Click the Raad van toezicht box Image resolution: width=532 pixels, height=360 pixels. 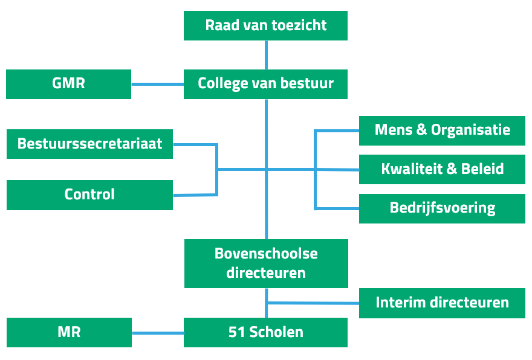click(x=265, y=25)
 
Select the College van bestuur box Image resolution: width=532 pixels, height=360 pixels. click(x=265, y=83)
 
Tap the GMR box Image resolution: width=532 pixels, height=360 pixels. click(x=68, y=83)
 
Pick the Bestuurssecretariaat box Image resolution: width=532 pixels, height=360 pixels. click(x=89, y=144)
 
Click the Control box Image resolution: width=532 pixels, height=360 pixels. click(x=89, y=194)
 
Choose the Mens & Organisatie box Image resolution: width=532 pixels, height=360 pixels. click(x=442, y=130)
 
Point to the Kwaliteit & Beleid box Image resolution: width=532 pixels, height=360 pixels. click(x=442, y=169)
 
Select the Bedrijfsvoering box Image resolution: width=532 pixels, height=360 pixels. click(x=442, y=208)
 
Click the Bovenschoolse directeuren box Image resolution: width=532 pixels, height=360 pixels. click(x=266, y=263)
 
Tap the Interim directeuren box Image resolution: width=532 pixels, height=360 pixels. click(x=442, y=303)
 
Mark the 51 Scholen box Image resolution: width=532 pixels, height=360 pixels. click(x=265, y=332)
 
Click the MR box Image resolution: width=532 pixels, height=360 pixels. click(x=69, y=332)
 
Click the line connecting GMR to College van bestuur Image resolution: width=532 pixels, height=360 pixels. click(x=157, y=84)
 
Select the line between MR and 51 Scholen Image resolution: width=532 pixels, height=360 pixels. click(x=157, y=332)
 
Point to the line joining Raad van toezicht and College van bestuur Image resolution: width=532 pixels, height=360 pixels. click(x=266, y=55)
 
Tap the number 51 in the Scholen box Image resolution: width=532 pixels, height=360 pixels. click(x=236, y=332)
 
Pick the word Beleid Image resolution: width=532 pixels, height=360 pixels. click(x=482, y=169)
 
